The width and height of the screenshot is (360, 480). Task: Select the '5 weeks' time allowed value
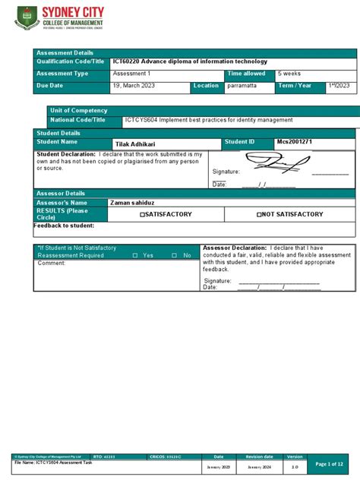pyautogui.click(x=290, y=74)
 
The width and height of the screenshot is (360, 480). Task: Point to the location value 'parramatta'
pyautogui.click(x=243, y=86)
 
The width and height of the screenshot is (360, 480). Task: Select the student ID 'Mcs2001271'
pyautogui.click(x=295, y=142)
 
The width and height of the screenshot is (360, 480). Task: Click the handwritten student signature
pyautogui.click(x=277, y=163)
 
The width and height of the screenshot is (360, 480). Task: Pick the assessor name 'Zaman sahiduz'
pyautogui.click(x=134, y=203)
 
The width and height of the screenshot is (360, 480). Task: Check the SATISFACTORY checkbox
pyautogui.click(x=142, y=215)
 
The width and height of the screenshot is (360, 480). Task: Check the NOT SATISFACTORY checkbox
pyautogui.click(x=260, y=215)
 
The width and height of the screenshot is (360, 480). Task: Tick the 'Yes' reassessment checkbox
pyautogui.click(x=135, y=256)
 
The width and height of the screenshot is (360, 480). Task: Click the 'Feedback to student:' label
pyautogui.click(x=64, y=226)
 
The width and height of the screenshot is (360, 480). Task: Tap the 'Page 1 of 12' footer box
pyautogui.click(x=329, y=463)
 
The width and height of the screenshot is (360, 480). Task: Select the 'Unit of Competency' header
pyautogui.click(x=76, y=111)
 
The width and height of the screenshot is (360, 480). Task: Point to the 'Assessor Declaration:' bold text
pyautogui.click(x=234, y=248)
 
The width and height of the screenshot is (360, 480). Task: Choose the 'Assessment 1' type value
pyautogui.click(x=132, y=74)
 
